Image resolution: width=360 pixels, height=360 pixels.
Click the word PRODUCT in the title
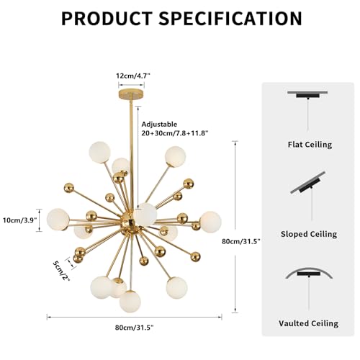click(x=107, y=18)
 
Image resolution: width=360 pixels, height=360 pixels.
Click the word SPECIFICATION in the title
click(x=230, y=18)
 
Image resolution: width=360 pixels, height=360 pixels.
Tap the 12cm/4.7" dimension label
click(x=133, y=76)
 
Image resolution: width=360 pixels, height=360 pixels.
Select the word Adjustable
click(x=159, y=125)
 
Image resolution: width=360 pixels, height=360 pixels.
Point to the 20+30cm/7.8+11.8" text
click(x=175, y=133)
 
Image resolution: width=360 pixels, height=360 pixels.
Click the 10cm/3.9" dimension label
click(x=20, y=220)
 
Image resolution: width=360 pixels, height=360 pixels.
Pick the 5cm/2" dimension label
click(x=61, y=271)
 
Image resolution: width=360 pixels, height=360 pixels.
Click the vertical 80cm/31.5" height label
click(x=241, y=241)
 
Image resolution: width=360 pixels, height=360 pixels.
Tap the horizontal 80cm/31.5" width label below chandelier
click(x=134, y=328)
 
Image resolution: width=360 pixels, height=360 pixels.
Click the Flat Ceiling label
click(x=310, y=145)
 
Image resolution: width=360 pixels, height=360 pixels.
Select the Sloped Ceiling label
click(x=309, y=234)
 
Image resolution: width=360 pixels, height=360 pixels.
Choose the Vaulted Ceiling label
click(x=308, y=323)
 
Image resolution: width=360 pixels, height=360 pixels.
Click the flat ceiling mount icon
click(x=307, y=95)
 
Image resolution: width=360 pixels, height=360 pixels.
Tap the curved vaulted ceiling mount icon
click(x=309, y=273)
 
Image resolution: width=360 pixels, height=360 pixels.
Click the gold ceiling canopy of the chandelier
click(x=131, y=94)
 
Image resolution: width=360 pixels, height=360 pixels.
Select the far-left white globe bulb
click(x=58, y=220)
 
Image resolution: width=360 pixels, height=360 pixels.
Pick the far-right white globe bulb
click(x=210, y=222)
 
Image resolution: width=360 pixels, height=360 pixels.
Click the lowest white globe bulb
click(x=130, y=302)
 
